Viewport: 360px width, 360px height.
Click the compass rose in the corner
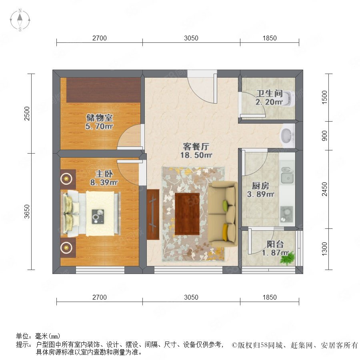click(20, 20)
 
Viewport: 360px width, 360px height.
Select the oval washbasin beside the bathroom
click(287, 136)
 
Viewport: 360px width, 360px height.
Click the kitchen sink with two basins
click(287, 175)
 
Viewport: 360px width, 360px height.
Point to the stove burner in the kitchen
click(286, 214)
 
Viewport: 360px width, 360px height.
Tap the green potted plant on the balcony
click(288, 258)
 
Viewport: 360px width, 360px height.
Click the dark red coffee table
click(187, 214)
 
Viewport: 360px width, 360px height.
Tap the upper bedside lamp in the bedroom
click(66, 178)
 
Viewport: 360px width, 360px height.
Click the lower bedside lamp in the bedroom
click(66, 248)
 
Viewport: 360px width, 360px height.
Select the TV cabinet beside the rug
click(153, 214)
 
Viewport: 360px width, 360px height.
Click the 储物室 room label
click(100, 118)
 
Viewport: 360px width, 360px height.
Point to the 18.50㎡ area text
click(196, 155)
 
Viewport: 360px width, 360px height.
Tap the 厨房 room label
click(260, 186)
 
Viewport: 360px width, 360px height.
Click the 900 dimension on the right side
click(324, 136)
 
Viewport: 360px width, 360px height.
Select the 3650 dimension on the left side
click(27, 212)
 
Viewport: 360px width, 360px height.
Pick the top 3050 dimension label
click(191, 38)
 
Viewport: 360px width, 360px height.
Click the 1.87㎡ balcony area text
click(275, 253)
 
